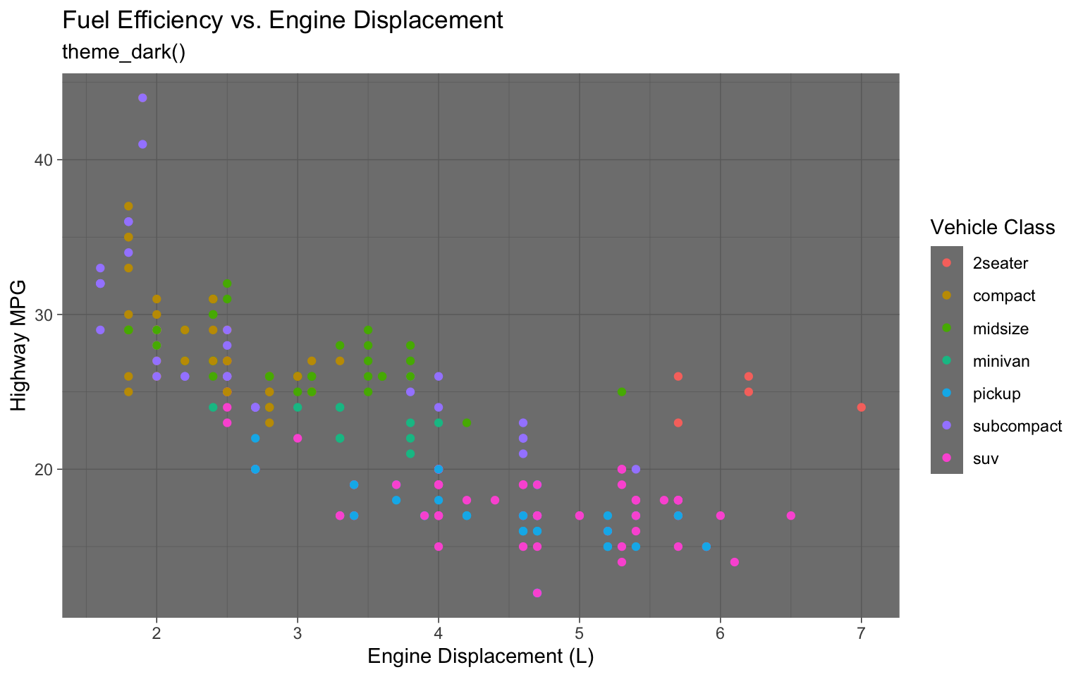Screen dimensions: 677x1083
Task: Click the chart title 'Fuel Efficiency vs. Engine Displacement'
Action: [283, 20]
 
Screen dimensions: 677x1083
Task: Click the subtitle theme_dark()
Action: [124, 53]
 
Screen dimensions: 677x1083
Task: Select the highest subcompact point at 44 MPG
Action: [142, 98]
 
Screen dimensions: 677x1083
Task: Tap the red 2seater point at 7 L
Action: [861, 408]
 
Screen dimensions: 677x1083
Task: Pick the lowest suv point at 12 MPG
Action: [537, 593]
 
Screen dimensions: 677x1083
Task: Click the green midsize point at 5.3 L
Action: [622, 392]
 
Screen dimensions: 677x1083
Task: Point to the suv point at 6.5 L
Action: [790, 516]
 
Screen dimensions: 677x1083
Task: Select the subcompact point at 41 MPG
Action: [142, 145]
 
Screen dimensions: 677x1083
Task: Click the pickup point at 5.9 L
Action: [706, 547]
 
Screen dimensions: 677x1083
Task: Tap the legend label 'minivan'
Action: [1001, 362]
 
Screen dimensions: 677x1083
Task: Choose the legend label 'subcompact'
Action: [1017, 427]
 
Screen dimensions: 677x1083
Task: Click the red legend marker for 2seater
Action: [947, 263]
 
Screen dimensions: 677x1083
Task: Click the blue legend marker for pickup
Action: [947, 394]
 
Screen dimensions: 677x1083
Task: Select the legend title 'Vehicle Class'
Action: [992, 227]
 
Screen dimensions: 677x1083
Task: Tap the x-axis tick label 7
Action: [861, 633]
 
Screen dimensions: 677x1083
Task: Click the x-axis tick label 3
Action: [298, 633]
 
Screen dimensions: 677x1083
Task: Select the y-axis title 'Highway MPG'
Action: [19, 346]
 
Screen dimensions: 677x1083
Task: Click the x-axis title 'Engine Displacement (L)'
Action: [481, 657]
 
